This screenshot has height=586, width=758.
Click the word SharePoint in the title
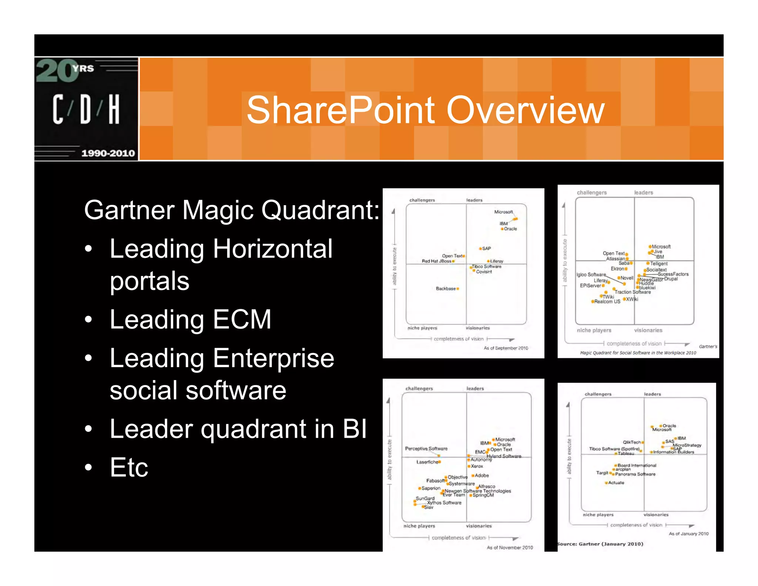(x=341, y=110)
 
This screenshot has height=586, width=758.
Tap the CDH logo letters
(x=86, y=109)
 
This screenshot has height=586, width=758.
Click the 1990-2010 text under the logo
(x=108, y=153)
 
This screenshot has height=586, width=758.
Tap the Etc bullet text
(x=129, y=467)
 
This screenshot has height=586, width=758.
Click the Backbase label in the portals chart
(x=446, y=289)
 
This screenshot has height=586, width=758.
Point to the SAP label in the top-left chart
(x=487, y=249)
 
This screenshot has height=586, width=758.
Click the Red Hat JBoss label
(x=436, y=261)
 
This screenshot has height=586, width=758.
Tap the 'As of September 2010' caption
(x=506, y=348)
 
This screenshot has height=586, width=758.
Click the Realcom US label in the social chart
(x=607, y=302)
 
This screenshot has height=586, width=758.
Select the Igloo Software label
(x=591, y=274)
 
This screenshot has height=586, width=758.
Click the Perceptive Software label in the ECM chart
(x=426, y=449)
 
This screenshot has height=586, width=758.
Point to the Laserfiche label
(x=427, y=462)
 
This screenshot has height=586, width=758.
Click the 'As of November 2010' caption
(x=510, y=547)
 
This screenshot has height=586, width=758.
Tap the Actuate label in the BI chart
(x=616, y=483)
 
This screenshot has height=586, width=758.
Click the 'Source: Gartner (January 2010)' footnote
(x=600, y=544)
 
